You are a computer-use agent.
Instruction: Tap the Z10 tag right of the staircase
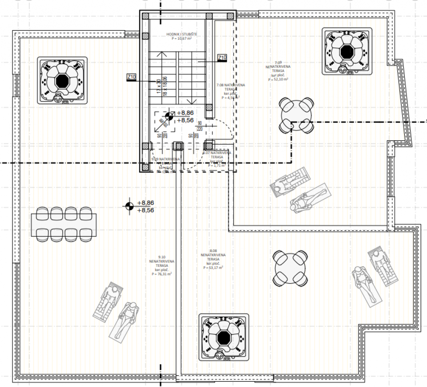coord(222,57)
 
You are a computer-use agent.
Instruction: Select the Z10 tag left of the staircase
coord(131,77)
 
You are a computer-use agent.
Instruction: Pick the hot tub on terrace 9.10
coord(62,81)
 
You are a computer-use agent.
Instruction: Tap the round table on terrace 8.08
coord(291,268)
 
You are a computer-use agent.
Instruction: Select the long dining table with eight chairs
coord(64,224)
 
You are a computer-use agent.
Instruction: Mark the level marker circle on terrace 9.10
coord(129,206)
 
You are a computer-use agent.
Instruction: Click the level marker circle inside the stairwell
coord(169,117)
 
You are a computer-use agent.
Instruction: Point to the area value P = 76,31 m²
coord(161,274)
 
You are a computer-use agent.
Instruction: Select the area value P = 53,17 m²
coord(213,268)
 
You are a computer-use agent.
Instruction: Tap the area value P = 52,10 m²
coord(278,79)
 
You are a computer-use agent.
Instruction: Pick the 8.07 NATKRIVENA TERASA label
coord(217,155)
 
